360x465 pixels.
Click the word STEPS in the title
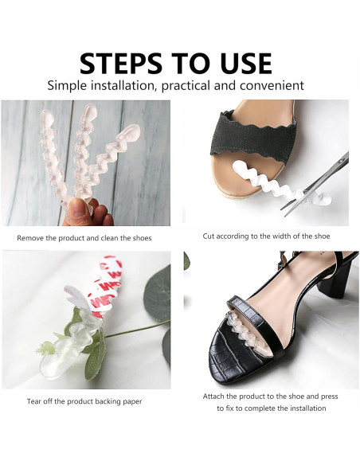[121, 64]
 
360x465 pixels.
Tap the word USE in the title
[243, 64]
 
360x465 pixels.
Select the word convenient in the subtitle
[272, 85]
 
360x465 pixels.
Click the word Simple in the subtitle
[68, 86]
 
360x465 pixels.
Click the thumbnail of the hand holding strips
[85, 162]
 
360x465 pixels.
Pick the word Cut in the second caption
[209, 236]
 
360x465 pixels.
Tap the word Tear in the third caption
[34, 401]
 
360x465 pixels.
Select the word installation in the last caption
[307, 408]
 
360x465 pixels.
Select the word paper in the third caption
[133, 402]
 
